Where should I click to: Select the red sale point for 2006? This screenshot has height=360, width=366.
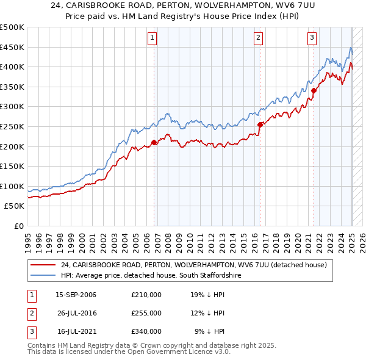click(154, 142)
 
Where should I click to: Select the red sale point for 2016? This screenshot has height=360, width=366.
click(260, 124)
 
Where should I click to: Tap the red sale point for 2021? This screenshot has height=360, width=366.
click(314, 90)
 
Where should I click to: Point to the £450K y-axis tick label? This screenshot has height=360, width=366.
click(12, 47)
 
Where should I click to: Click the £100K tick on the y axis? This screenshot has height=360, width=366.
click(12, 186)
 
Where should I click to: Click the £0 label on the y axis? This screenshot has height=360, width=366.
click(19, 226)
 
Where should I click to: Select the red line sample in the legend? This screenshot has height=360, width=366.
click(42, 265)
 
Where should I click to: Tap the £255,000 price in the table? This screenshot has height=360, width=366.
click(146, 313)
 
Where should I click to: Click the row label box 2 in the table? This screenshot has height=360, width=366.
click(30, 313)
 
